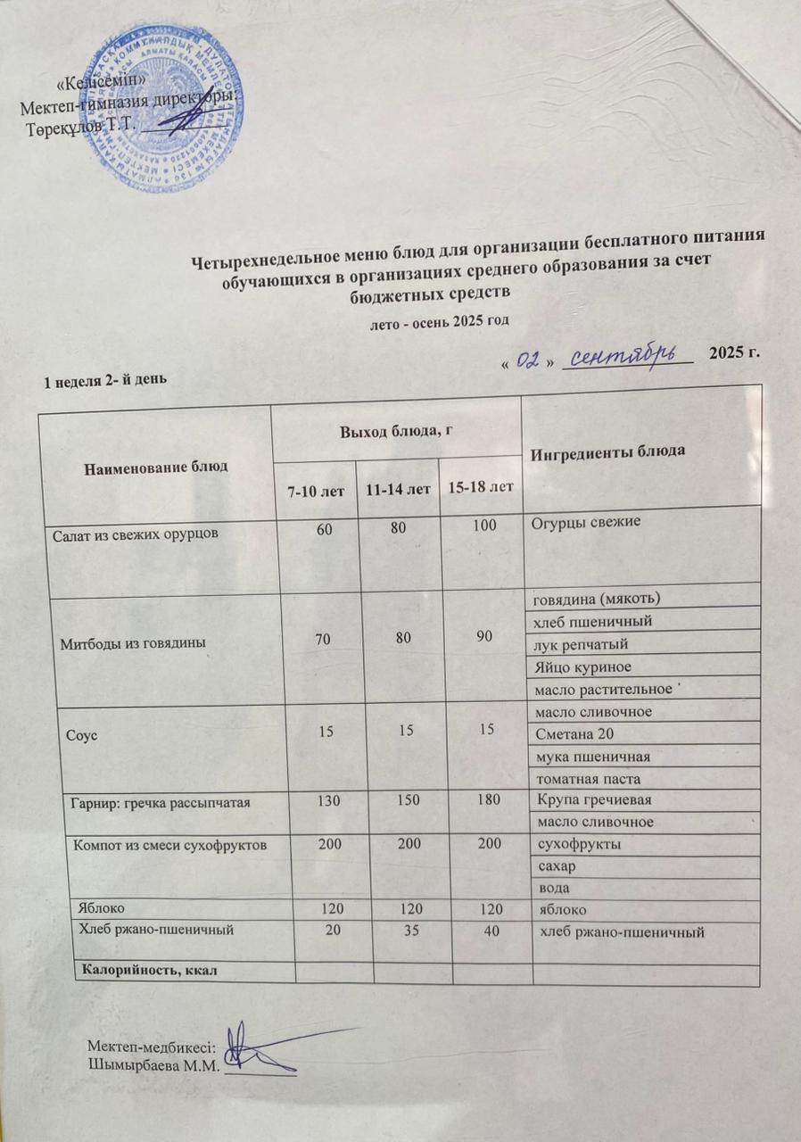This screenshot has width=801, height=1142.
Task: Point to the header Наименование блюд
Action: pos(156,466)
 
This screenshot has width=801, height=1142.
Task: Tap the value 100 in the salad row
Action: pos(484,527)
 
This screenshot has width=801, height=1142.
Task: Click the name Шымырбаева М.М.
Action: pos(153,1063)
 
